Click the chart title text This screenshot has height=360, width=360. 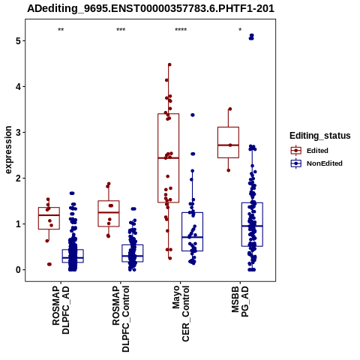tap(151, 9)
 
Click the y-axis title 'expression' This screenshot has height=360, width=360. tap(8, 150)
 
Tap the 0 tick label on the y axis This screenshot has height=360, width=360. tap(18, 270)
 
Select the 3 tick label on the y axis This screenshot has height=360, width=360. tap(18, 133)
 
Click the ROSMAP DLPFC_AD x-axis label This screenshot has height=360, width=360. tap(61, 310)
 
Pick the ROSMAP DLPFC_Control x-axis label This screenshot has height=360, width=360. tap(121, 319)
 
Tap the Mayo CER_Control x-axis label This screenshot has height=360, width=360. tap(181, 313)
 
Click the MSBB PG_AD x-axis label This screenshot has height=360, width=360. tap(240, 301)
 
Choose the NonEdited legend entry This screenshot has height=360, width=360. tap(316, 163)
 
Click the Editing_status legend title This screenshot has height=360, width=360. tap(320, 136)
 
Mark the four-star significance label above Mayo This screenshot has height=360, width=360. tap(181, 30)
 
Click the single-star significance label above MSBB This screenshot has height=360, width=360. tap(240, 30)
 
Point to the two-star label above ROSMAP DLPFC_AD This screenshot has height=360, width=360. tap(61, 30)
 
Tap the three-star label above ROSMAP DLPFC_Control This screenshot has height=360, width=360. tap(121, 30)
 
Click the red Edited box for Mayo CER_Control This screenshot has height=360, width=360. tap(158, 158)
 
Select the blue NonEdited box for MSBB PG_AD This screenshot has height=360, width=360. tap(241, 224)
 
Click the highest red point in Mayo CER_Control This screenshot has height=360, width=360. tap(169, 64)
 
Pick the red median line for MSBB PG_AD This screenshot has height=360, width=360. tap(228, 145)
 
